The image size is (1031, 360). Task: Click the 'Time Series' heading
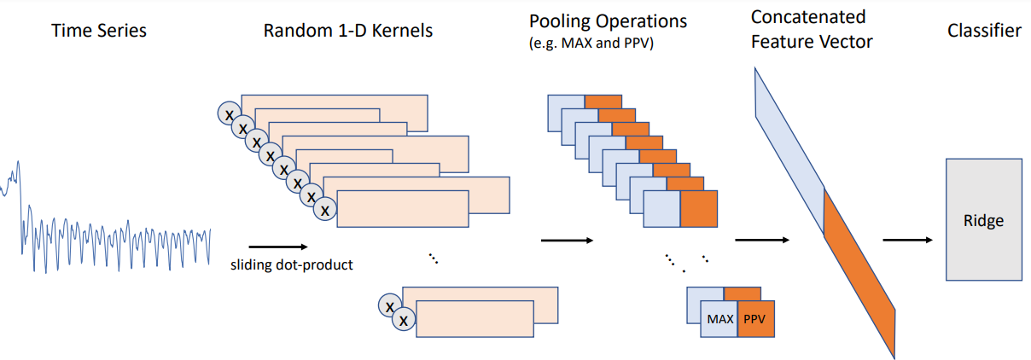(98, 32)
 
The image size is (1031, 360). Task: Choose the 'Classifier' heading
(984, 32)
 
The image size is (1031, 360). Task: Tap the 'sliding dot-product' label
(292, 264)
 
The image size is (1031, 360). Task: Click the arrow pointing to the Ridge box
(907, 240)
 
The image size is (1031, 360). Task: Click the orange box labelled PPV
(756, 319)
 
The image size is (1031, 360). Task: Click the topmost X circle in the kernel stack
(229, 113)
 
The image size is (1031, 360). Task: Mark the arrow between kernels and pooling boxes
(567, 240)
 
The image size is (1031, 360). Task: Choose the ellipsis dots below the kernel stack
(433, 258)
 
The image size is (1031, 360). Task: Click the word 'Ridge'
(984, 221)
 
